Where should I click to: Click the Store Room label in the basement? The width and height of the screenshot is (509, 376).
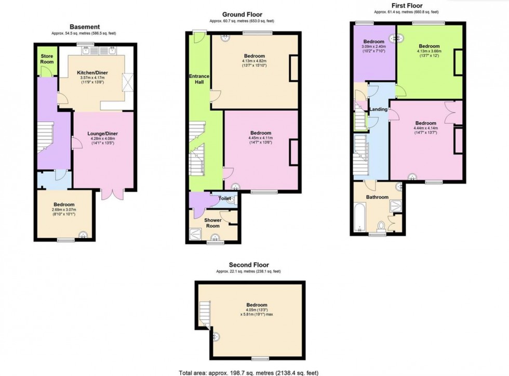coord(47,59)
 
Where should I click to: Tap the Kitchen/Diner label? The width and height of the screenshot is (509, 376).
coord(92,73)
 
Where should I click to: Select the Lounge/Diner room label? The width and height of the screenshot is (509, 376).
coord(103,134)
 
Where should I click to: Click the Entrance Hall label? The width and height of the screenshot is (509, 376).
coord(199,79)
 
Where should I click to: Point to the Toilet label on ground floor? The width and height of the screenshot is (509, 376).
coord(224,198)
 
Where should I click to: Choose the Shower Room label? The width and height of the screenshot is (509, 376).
coord(213,223)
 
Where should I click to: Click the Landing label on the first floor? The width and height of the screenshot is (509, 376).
coord(379,109)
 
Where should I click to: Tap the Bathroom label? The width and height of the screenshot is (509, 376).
coord(377,197)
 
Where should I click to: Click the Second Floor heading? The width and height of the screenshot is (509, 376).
coord(249,265)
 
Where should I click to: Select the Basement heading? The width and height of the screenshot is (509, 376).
coord(85,27)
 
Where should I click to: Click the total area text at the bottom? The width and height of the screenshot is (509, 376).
coord(249,373)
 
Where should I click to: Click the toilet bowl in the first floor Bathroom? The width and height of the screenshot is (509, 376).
coord(381,226)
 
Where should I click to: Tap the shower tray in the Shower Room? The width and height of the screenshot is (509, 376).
coord(195,234)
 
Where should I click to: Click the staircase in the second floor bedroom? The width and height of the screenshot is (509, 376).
coord(205,313)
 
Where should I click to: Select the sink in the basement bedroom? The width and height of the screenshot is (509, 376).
coord(84,235)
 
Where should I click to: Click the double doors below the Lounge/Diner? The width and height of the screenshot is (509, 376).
coord(112,194)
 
